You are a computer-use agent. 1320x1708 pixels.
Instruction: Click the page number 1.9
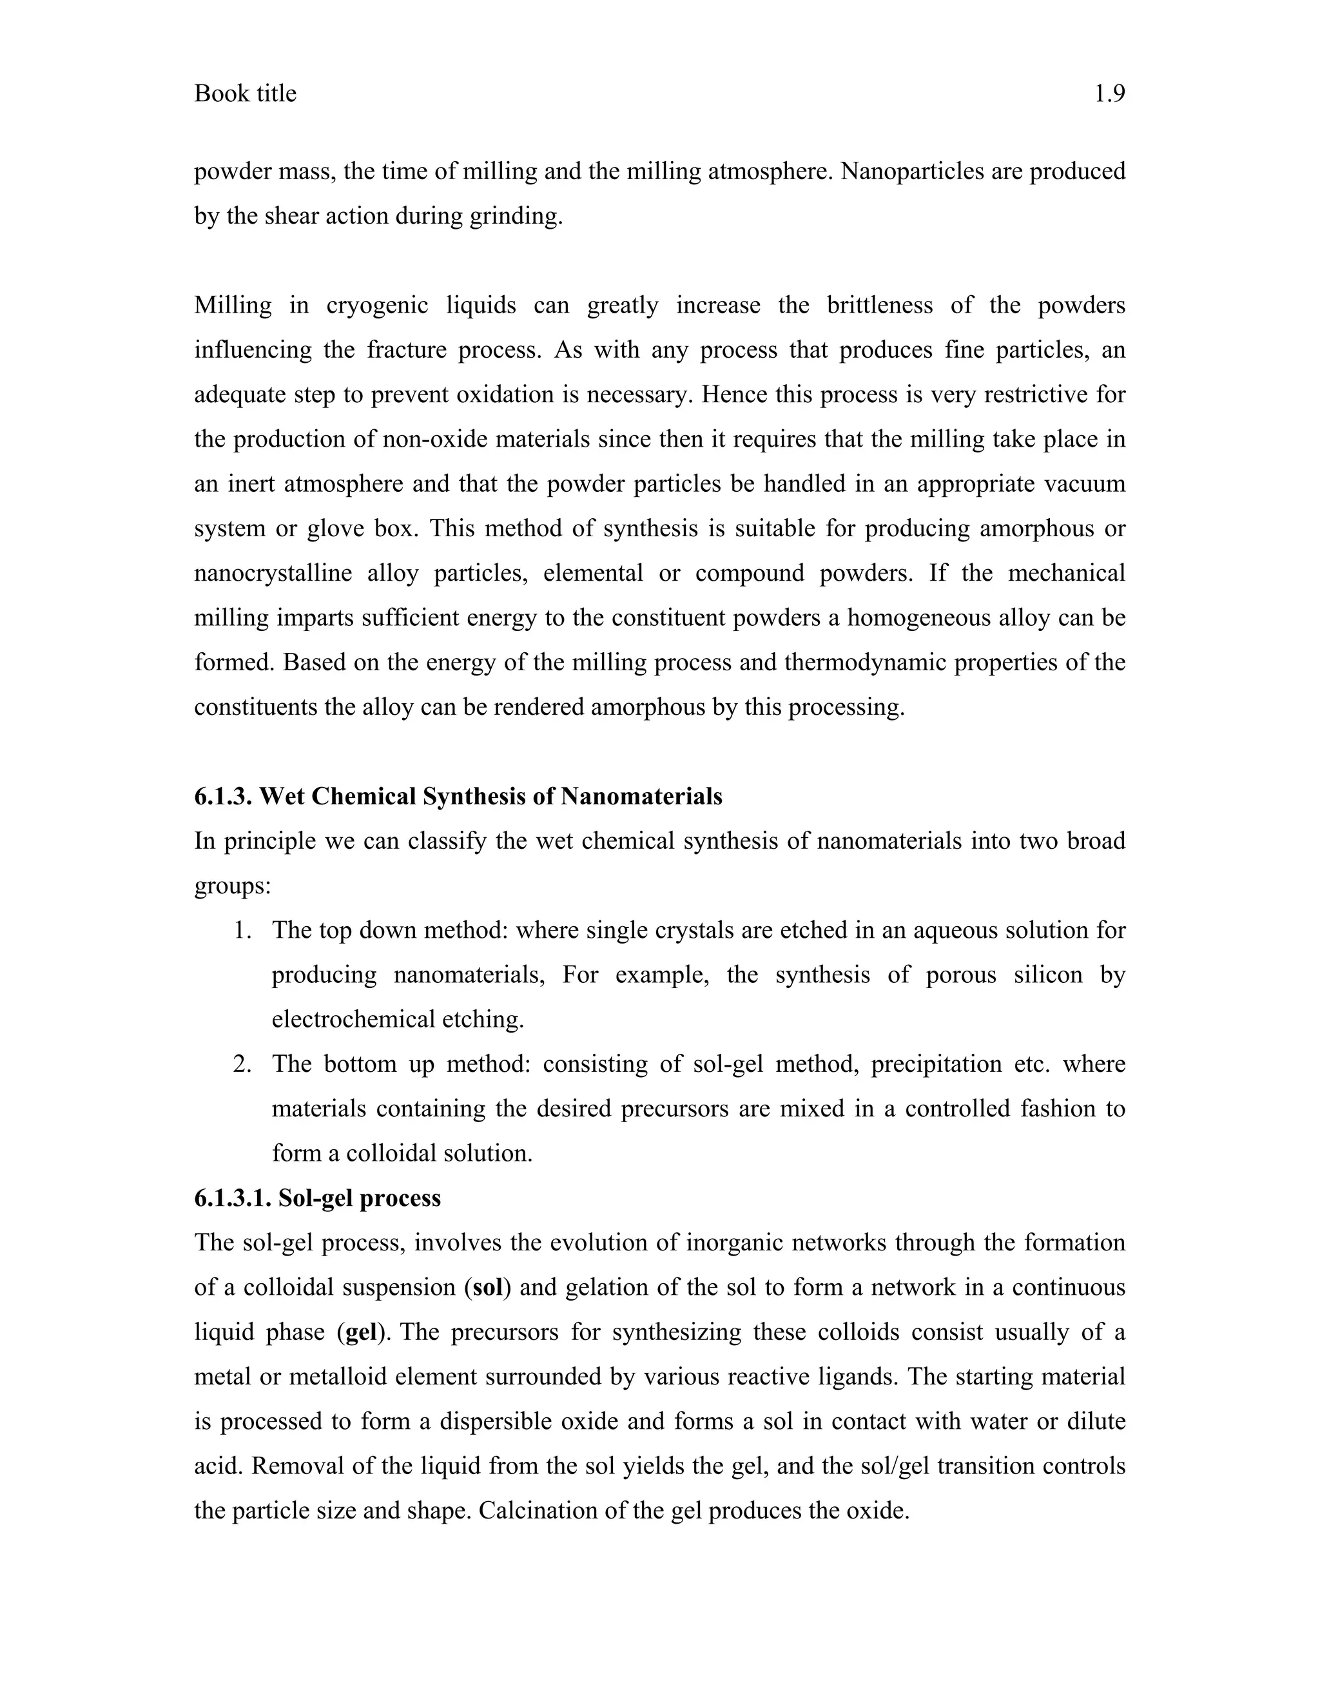tap(1109, 94)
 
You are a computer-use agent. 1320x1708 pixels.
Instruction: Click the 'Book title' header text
tap(245, 94)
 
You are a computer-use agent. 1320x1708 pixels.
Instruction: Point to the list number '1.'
tap(242, 930)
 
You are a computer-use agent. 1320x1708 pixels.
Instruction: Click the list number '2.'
tap(242, 1063)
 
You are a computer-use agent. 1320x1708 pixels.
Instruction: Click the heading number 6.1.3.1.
tap(231, 1198)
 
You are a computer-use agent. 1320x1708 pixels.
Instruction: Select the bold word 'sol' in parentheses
tap(487, 1287)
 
